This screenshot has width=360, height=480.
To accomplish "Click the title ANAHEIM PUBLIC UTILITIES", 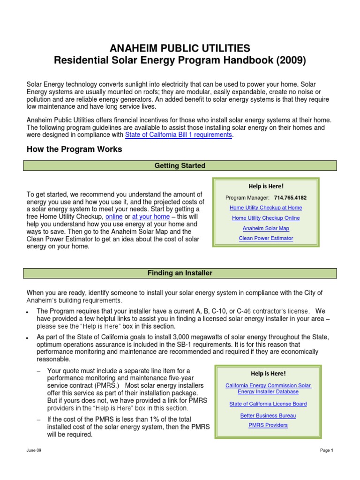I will pyautogui.click(x=180, y=48).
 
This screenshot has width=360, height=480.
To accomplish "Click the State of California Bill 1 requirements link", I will pyautogui.click(x=178, y=135).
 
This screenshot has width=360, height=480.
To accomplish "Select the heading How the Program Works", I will pyautogui.click(x=74, y=150).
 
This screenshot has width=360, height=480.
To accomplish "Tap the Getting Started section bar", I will pyautogui.click(x=180, y=165).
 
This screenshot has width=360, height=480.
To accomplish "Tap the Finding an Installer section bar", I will pyautogui.click(x=180, y=273).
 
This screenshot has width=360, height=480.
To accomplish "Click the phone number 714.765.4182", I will pyautogui.click(x=290, y=198).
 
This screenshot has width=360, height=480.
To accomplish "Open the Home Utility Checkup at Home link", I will pyautogui.click(x=266, y=208).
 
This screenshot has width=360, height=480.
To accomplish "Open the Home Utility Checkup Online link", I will pyautogui.click(x=266, y=218).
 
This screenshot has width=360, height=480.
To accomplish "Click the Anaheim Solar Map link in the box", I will pyautogui.click(x=266, y=228).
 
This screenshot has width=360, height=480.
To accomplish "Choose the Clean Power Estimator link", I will pyautogui.click(x=266, y=238).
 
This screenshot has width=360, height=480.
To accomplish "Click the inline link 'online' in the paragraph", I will pyautogui.click(x=114, y=217).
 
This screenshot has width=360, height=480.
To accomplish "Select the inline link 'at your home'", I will pyautogui.click(x=150, y=217).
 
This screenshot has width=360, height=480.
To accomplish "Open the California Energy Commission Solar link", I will pyautogui.click(x=268, y=386).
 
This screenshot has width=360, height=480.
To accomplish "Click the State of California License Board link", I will pyautogui.click(x=268, y=404).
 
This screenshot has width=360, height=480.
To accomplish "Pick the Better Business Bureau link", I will pyautogui.click(x=268, y=415).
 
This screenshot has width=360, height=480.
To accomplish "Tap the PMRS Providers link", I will pyautogui.click(x=268, y=425).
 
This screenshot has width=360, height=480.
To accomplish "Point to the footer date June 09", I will pyautogui.click(x=34, y=450).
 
